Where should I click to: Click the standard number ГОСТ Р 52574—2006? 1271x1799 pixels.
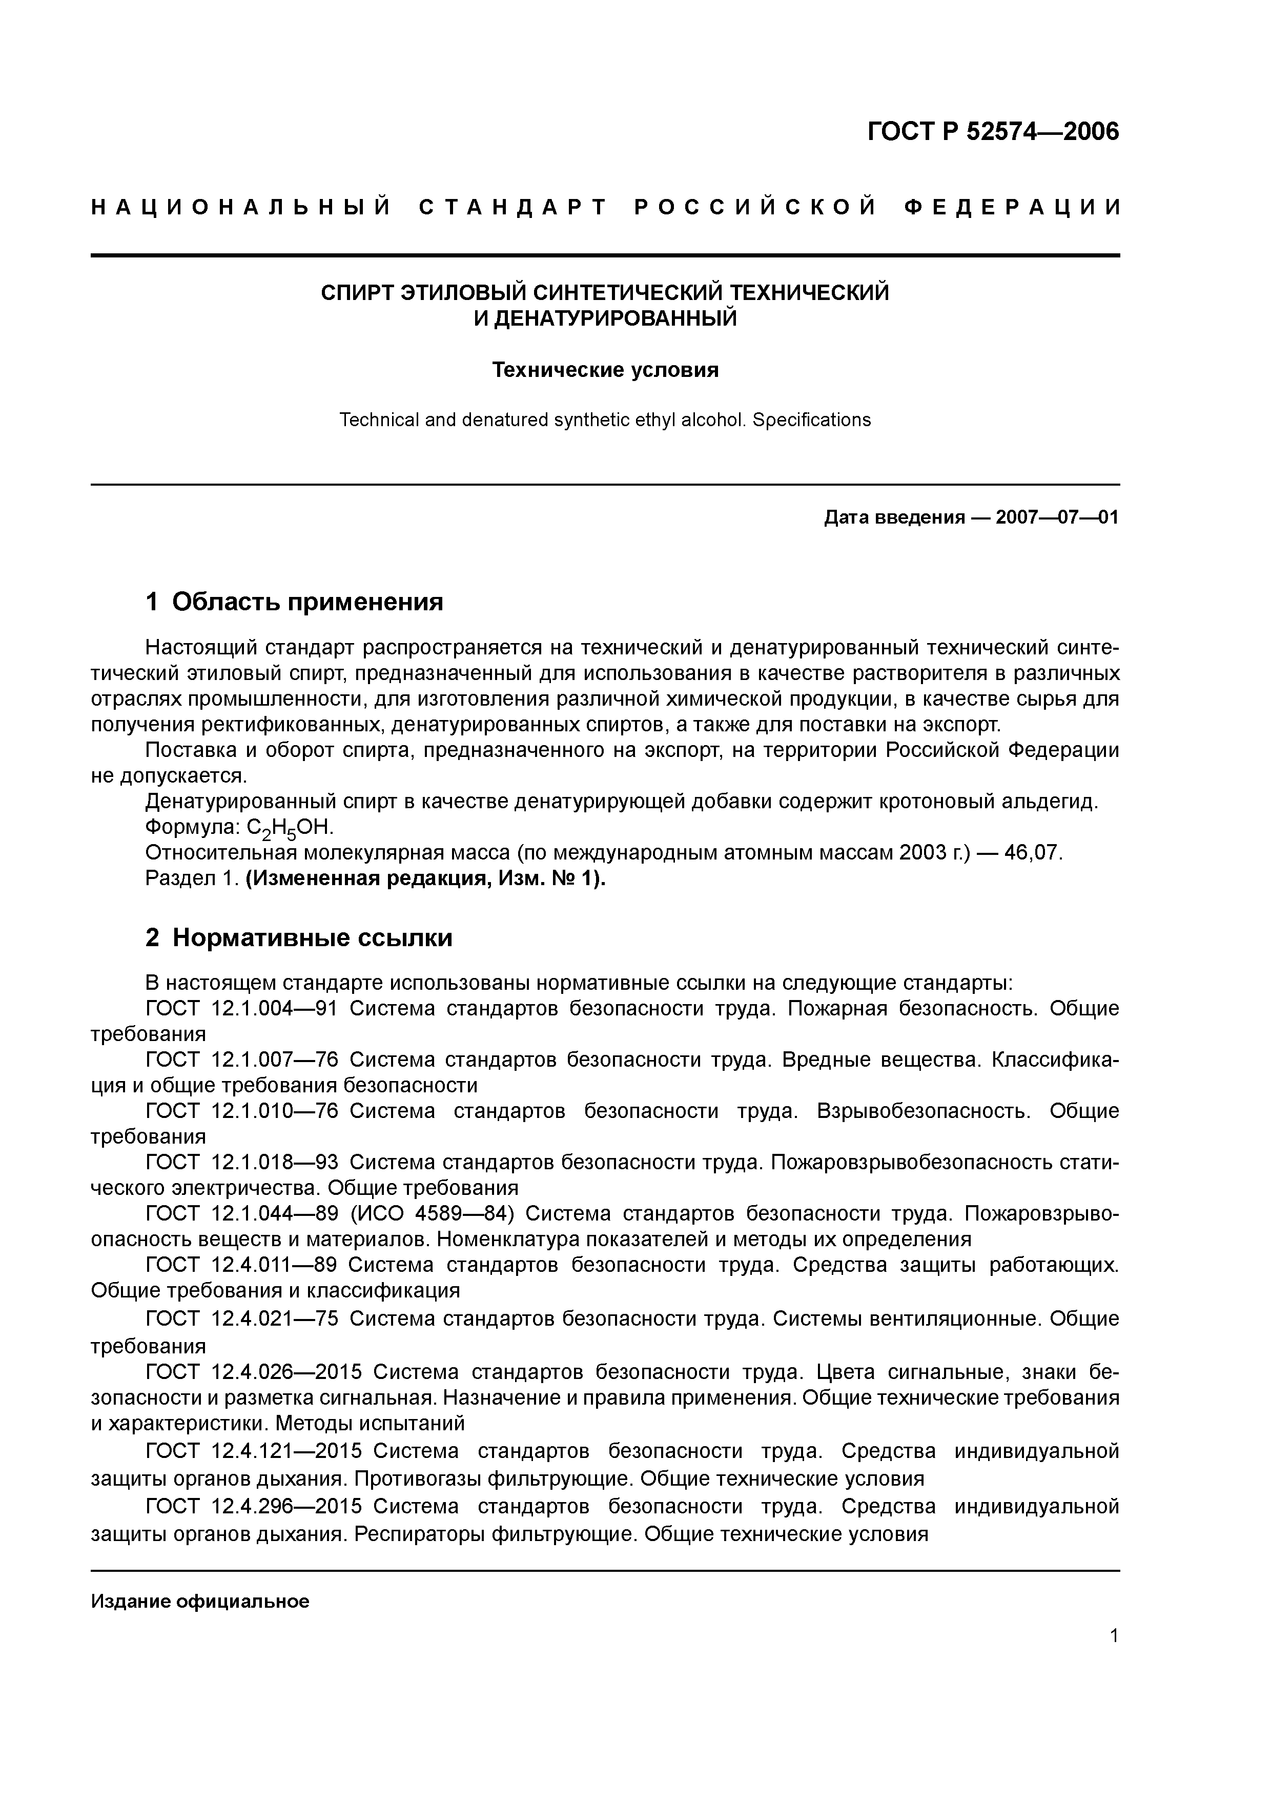tap(993, 132)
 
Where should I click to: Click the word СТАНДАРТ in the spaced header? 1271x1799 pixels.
tap(513, 208)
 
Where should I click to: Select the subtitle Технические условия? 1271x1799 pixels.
tap(605, 370)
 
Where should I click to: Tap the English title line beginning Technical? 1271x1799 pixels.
tap(605, 420)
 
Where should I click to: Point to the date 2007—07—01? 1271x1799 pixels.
tap(1057, 518)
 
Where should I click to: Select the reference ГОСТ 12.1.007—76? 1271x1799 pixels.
tap(241, 1060)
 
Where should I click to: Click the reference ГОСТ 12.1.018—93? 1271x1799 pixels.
tap(241, 1162)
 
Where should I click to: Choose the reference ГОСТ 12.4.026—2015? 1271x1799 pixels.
tap(253, 1372)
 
